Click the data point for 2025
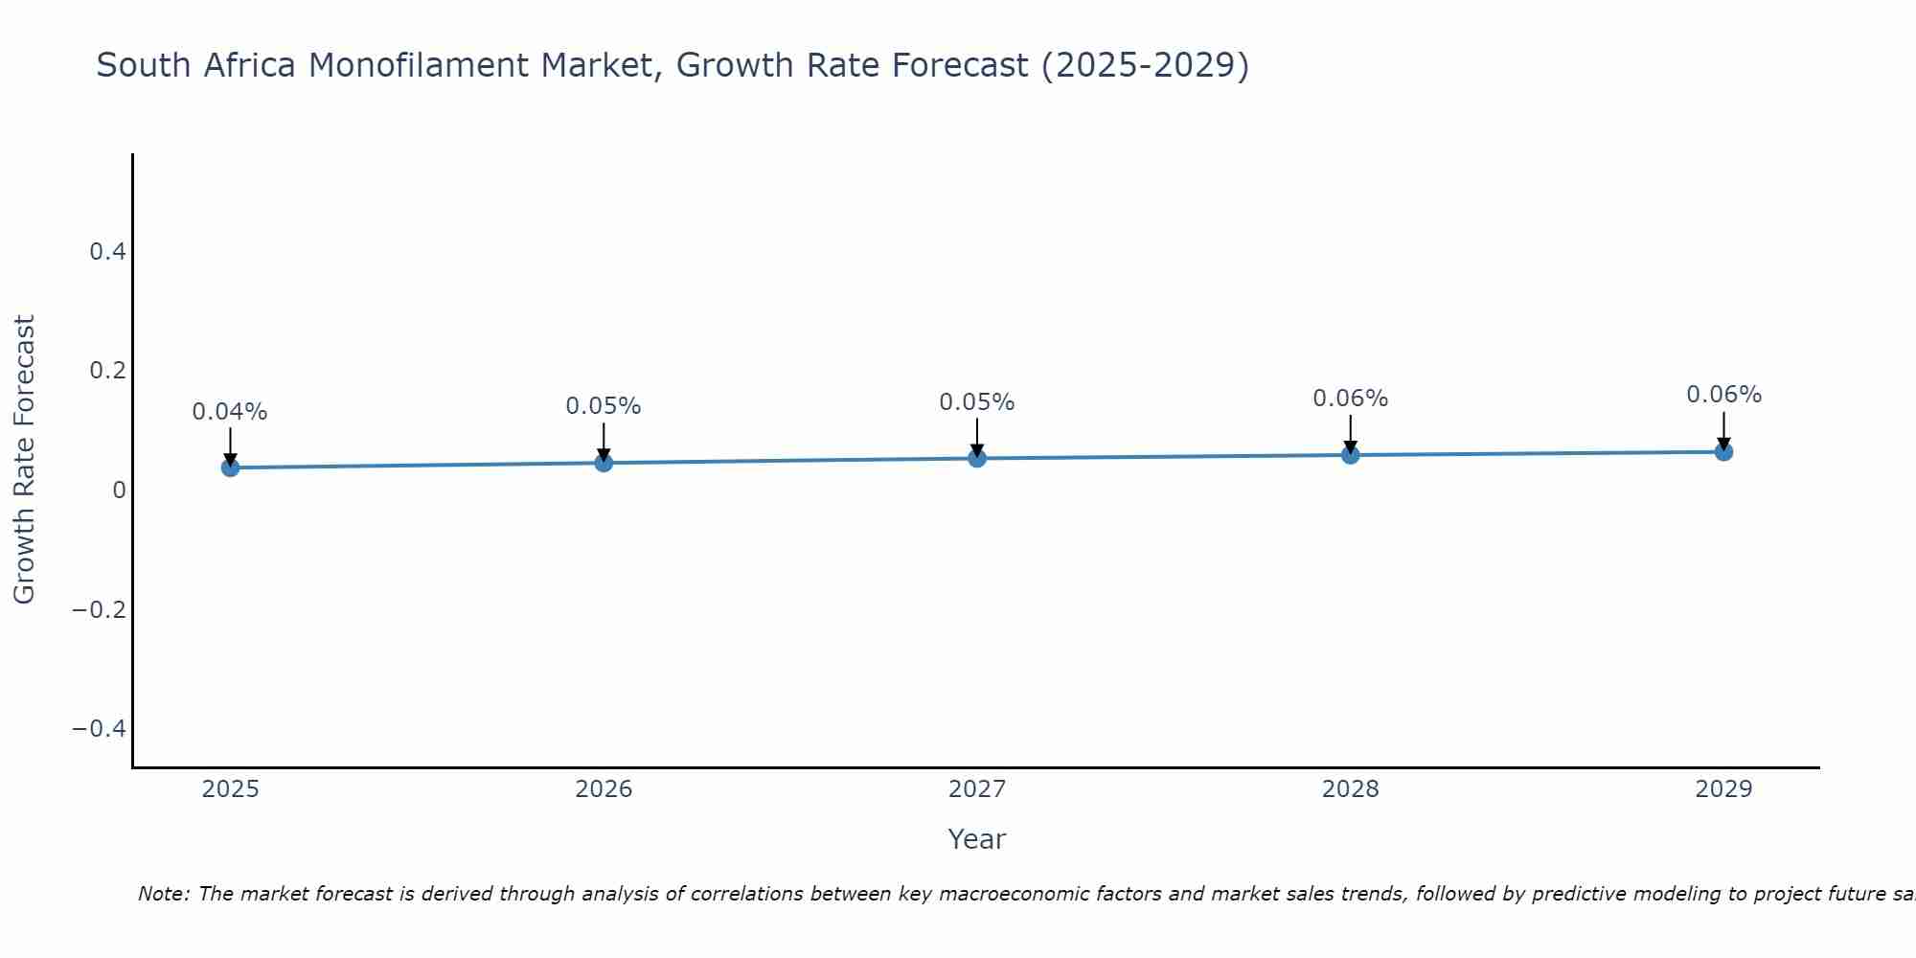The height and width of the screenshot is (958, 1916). [230, 468]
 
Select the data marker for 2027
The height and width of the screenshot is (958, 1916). [977, 458]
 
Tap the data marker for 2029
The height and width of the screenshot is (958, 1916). [1723, 451]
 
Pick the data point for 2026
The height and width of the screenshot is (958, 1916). [604, 463]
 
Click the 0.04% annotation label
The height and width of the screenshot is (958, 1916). [230, 412]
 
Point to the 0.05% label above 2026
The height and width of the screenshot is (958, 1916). [604, 406]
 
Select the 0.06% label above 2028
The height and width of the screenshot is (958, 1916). [1350, 399]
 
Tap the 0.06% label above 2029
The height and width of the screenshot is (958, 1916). [1723, 395]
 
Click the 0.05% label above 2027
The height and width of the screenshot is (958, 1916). [977, 402]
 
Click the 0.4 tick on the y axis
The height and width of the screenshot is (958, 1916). [107, 252]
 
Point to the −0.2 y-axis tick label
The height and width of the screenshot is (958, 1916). [100, 609]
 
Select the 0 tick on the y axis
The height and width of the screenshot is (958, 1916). [119, 490]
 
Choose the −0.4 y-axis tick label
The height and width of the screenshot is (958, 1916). [100, 729]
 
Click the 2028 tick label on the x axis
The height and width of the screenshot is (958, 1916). [1350, 789]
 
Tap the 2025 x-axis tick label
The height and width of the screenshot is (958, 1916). [230, 789]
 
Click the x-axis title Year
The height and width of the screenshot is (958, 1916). [976, 840]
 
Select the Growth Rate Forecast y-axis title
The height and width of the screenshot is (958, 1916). [25, 460]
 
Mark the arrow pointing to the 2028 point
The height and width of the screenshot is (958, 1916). [1350, 433]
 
